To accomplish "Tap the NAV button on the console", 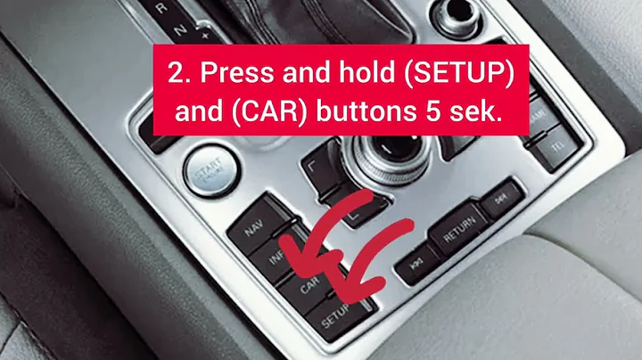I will [254, 227].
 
